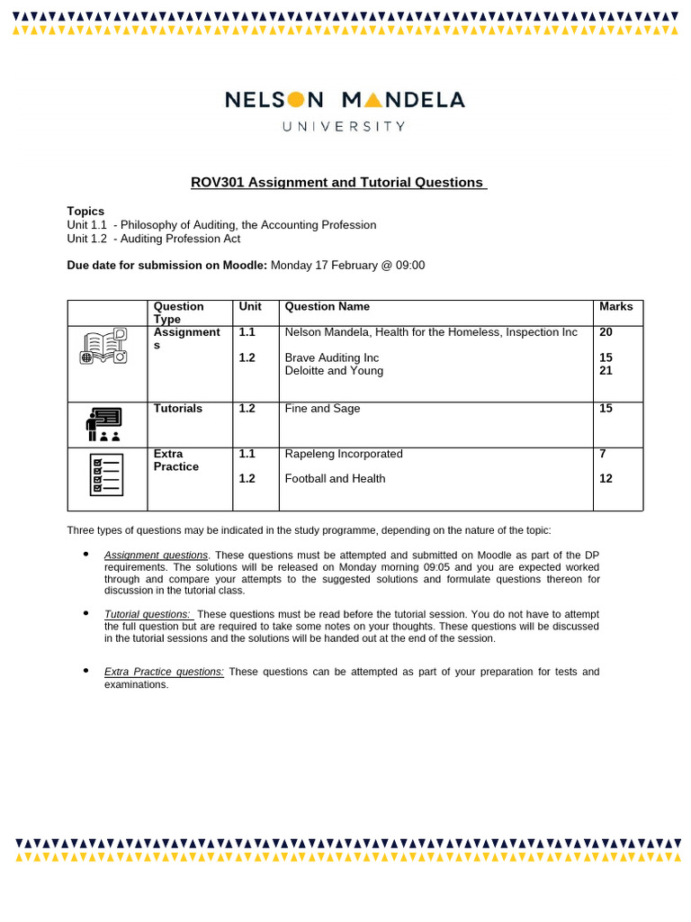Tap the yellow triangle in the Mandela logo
click(372, 99)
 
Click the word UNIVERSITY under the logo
click(345, 127)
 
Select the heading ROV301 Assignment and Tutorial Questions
click(337, 183)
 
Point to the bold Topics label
click(85, 211)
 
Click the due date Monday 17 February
click(347, 265)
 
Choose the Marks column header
click(615, 307)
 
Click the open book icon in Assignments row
click(104, 347)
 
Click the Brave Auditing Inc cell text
click(332, 357)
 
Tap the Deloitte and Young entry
click(334, 371)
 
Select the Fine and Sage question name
click(322, 409)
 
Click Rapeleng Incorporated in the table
click(344, 454)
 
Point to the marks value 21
click(606, 371)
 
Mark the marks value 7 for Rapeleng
click(603, 454)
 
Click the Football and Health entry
click(335, 479)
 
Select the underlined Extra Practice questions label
click(164, 672)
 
